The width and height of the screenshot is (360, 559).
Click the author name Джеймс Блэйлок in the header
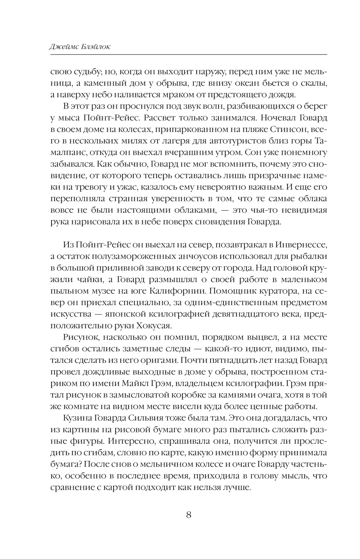coord(80,47)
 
